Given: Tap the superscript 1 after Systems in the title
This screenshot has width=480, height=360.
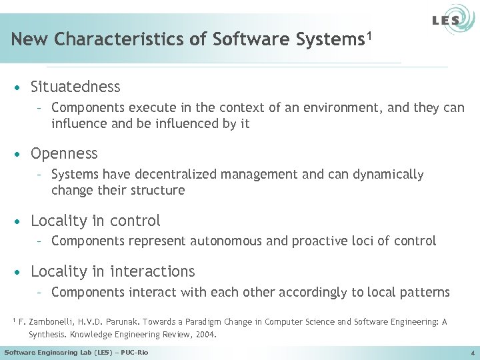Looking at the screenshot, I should click(368, 34).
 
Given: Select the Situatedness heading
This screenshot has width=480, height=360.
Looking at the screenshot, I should click(75, 87).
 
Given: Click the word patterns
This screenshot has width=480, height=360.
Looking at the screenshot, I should click(423, 293).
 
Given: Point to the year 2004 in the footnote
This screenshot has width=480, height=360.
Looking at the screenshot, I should click(205, 335).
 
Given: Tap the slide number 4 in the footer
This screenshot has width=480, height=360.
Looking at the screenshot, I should click(471, 352).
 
